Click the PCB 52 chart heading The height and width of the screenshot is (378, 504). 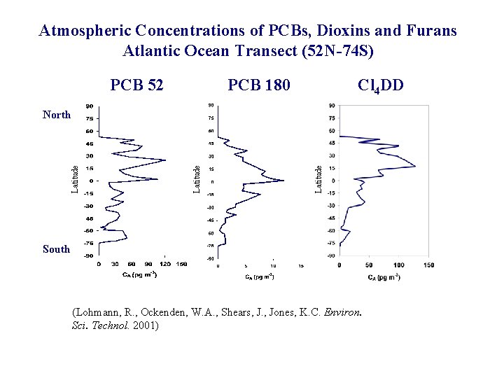pos(137,85)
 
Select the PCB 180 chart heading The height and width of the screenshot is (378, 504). pos(259,85)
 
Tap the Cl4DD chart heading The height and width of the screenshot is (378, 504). pos(380,86)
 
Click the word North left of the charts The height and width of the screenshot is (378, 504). pos(56,114)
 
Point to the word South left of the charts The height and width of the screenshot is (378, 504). pos(56,249)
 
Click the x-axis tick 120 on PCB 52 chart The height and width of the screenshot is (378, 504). pos(164,265)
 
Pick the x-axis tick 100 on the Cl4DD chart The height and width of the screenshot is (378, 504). pos(398,265)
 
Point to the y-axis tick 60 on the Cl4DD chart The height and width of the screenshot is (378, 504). pos(331,131)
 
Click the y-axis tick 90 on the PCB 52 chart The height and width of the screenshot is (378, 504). pos(90,106)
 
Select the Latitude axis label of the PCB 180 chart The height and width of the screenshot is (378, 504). pos(197,179)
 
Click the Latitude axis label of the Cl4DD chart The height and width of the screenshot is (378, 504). pos(318,179)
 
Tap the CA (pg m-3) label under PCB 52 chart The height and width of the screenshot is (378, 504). pos(137,274)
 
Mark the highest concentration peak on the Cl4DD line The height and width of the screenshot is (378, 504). pos(415,166)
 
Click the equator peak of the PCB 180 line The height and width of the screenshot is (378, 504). pos(283,181)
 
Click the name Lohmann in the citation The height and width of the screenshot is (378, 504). pos(98,313)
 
